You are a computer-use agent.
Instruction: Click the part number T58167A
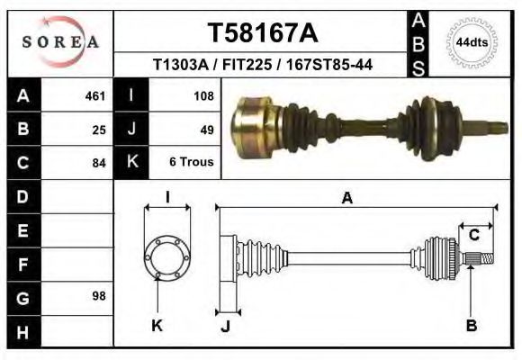pyautogui.click(x=263, y=33)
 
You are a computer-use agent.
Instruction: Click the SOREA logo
pyautogui.click(x=60, y=41)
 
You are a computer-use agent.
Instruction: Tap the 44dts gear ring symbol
pyautogui.click(x=472, y=42)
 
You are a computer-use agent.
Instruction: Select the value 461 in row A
pyautogui.click(x=95, y=95)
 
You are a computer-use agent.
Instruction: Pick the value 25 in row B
pyautogui.click(x=99, y=130)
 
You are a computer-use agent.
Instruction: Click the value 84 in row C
pyautogui.click(x=99, y=164)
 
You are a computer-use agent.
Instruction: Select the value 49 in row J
pyautogui.click(x=206, y=130)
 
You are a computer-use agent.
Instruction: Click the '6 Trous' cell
pyautogui.click(x=191, y=163)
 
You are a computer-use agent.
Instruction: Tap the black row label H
pyautogui.click(x=22, y=332)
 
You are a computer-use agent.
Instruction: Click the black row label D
pyautogui.click(x=22, y=196)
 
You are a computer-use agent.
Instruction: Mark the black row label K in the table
pyautogui.click(x=131, y=163)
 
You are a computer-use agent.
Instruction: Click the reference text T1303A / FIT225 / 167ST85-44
pyautogui.click(x=263, y=66)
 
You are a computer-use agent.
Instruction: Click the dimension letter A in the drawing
pyautogui.click(x=346, y=199)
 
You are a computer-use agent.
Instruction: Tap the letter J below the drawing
pyautogui.click(x=226, y=326)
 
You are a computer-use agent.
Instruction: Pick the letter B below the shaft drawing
pyautogui.click(x=471, y=325)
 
